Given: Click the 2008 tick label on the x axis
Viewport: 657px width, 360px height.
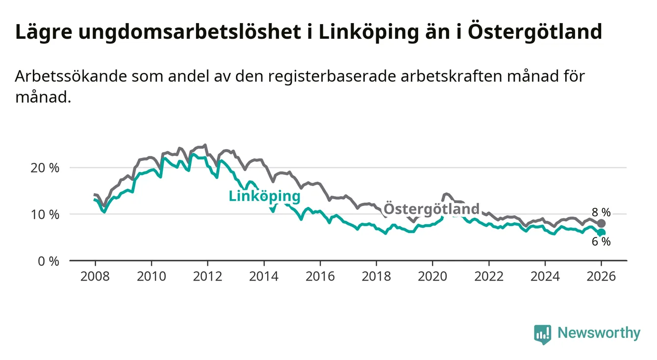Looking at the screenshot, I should tap(95, 277).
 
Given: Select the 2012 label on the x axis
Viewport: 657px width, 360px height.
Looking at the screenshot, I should tap(207, 277).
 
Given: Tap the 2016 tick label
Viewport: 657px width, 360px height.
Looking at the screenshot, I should tap(320, 277).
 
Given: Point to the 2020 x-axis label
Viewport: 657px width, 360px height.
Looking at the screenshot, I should tap(432, 277).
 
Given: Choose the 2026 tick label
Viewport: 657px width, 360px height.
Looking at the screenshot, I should tap(602, 277).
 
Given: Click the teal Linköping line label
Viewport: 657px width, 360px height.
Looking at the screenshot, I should tap(264, 196).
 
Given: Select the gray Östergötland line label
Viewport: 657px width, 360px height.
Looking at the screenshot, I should tap(431, 209).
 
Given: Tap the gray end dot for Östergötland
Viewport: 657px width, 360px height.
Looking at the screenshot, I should tap(602, 224).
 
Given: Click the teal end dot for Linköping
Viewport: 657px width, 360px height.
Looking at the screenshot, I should tap(602, 232).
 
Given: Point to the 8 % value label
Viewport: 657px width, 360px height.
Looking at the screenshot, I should tap(600, 212).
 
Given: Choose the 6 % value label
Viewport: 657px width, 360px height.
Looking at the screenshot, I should tap(600, 242).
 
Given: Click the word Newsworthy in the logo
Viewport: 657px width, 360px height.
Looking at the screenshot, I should tap(599, 334).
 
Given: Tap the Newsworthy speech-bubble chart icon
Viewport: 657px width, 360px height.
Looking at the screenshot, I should tap(542, 334).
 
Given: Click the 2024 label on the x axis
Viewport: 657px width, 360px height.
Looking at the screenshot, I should tap(545, 277).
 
